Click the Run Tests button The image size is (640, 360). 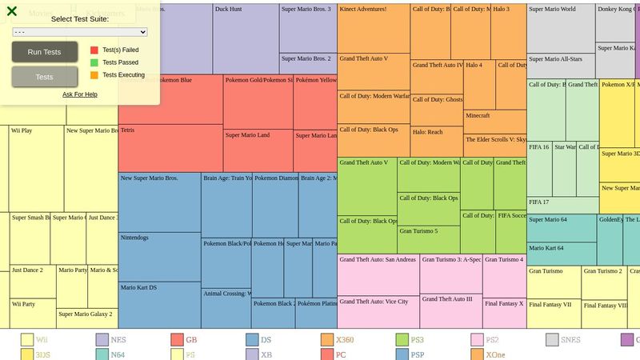45,52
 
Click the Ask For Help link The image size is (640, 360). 80,94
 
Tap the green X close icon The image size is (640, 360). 12,11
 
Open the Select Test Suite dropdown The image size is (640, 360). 80,32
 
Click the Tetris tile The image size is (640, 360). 170,148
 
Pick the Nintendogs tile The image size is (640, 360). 159,256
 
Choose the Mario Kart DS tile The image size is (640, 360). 159,304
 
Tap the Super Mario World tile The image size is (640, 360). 560,28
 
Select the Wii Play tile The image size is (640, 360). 36,168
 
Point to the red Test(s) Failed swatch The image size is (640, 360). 94,50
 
